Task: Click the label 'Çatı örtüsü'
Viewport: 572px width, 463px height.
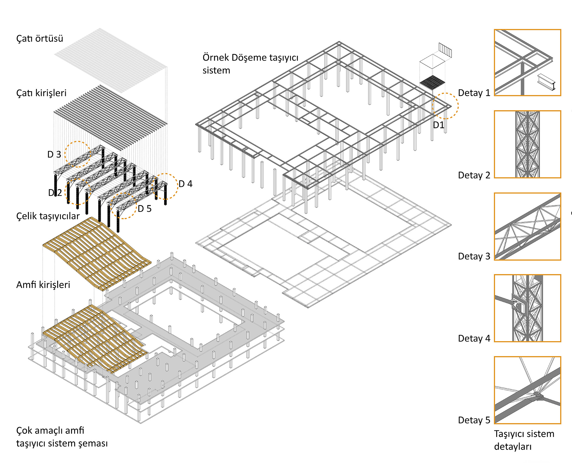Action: click(39, 39)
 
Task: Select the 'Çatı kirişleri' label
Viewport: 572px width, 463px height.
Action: click(41, 93)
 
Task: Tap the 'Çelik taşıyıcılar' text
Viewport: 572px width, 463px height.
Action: click(48, 216)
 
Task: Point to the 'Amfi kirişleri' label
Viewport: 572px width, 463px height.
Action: click(43, 285)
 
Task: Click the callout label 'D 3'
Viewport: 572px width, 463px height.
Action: click(54, 154)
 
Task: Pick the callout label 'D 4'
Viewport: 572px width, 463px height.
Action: click(186, 184)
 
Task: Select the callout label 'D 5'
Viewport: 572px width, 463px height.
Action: click(144, 209)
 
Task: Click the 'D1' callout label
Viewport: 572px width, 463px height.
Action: click(438, 125)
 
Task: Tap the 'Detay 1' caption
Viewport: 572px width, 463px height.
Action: click(474, 93)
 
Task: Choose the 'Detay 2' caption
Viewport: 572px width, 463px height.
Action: click(474, 175)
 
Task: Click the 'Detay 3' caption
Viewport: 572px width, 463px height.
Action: click(474, 257)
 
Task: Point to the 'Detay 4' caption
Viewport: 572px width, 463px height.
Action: click(474, 339)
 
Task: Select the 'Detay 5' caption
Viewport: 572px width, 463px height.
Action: click(474, 420)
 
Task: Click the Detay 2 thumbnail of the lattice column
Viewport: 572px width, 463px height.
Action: click(527, 144)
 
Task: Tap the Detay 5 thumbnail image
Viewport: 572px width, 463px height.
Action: click(527, 390)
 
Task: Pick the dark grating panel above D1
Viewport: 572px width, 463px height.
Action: click(432, 82)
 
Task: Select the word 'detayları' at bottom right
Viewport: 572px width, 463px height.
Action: click(513, 447)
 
